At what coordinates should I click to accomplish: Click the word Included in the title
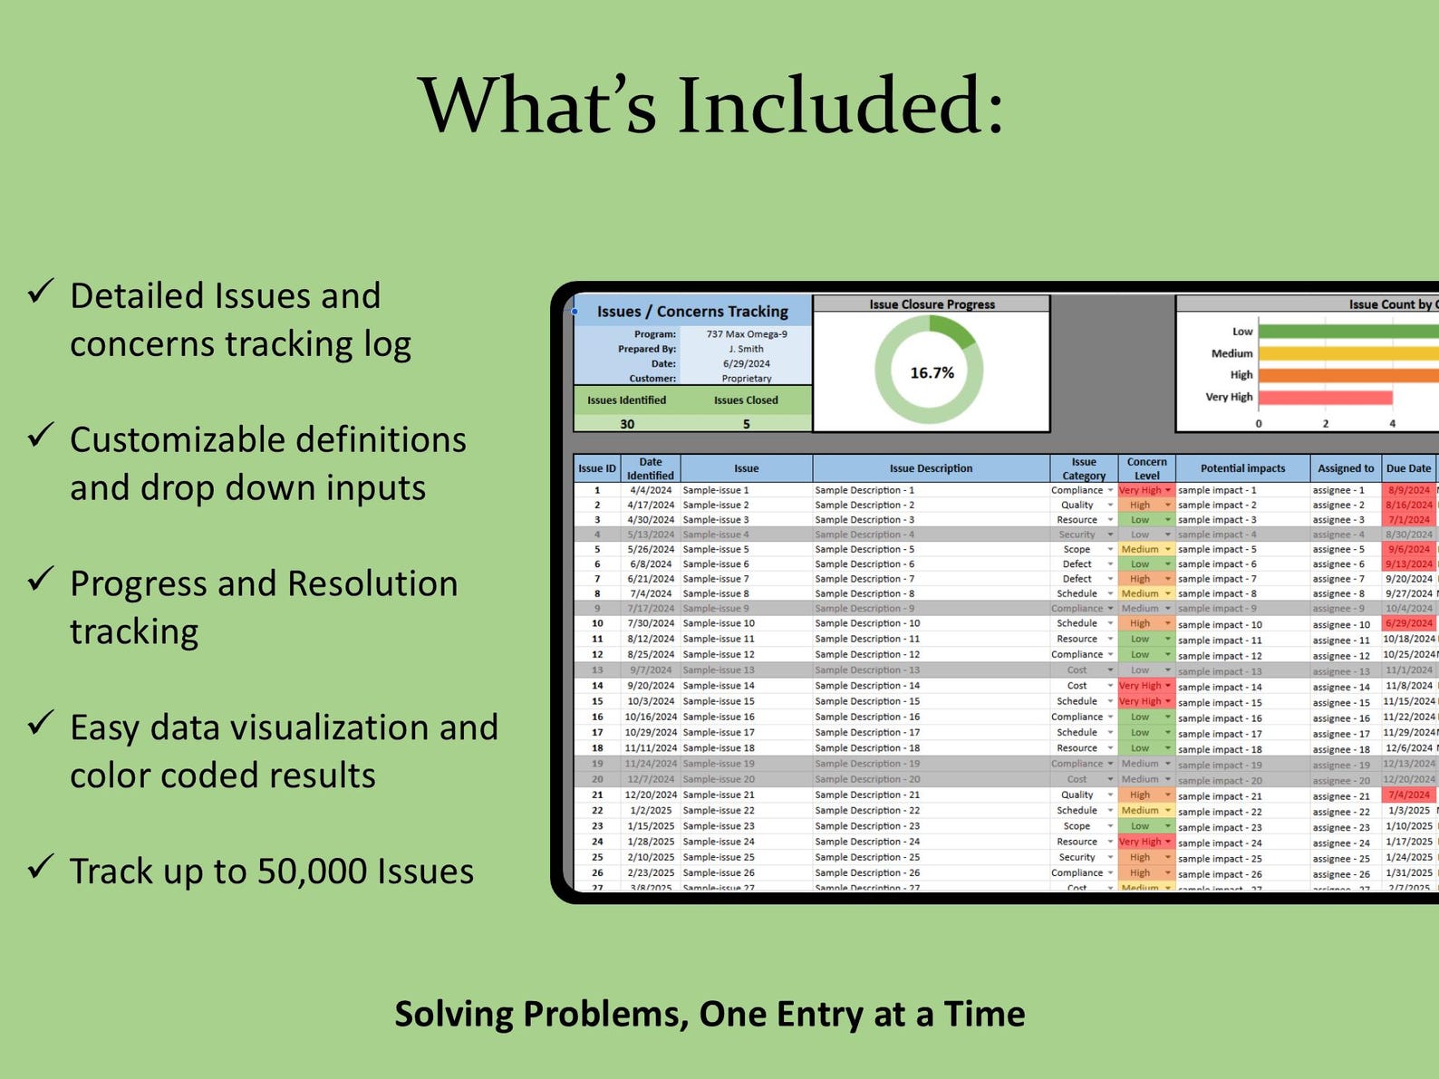828,106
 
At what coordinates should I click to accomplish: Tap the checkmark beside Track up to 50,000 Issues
41,867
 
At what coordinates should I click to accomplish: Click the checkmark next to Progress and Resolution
41,580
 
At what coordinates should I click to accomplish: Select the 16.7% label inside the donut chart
932,373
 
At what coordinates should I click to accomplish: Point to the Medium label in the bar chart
1231,353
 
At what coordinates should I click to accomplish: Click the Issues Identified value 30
627,424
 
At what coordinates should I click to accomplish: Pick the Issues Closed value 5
746,424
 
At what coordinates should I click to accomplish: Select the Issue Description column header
931,468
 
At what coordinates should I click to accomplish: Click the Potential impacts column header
1242,468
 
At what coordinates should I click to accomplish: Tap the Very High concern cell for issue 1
1141,490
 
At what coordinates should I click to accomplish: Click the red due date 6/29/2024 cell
1409,623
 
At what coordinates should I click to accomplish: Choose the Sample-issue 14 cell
719,686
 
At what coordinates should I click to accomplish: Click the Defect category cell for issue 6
1077,564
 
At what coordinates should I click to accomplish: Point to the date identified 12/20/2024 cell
651,795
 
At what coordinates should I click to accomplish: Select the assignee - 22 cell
1341,812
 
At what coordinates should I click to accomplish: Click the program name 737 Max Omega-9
747,334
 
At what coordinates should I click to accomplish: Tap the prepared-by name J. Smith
747,349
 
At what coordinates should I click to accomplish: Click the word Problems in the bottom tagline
605,1014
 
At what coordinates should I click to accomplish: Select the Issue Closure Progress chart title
932,304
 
